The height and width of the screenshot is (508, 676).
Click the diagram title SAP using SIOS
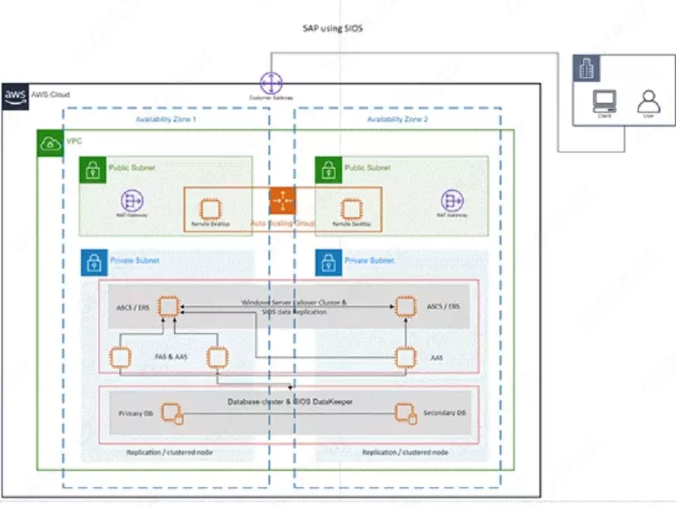(x=333, y=29)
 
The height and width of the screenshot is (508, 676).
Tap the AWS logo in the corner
(x=15, y=96)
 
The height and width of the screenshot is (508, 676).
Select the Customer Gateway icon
(x=271, y=83)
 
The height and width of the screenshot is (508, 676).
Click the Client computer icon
(x=604, y=100)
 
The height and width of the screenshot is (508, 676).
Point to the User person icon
(x=648, y=100)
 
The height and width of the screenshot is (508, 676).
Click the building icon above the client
(x=584, y=68)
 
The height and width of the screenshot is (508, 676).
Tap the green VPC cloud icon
(x=49, y=142)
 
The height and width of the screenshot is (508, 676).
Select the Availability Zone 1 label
(x=166, y=120)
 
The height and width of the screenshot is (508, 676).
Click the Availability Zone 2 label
(x=397, y=120)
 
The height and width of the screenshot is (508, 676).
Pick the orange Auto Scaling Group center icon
(x=281, y=200)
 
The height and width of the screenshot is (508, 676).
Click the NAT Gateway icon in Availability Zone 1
(x=131, y=200)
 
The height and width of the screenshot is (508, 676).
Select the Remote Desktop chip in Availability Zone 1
(x=207, y=208)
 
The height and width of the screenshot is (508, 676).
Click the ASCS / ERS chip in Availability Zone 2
(x=408, y=306)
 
